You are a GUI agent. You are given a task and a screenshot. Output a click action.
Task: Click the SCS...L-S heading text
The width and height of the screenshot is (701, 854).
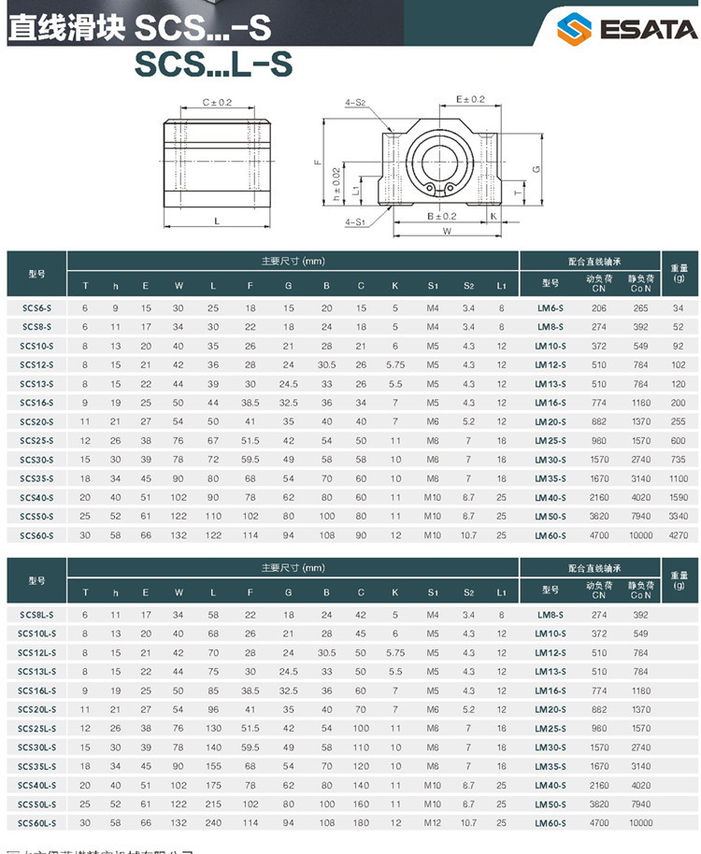click(213, 64)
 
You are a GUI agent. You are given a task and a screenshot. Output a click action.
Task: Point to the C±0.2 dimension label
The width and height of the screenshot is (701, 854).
click(217, 102)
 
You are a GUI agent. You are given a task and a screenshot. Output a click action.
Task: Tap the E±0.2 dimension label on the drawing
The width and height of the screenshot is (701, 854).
click(470, 99)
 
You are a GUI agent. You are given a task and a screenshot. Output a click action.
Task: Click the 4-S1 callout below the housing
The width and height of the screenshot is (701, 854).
click(355, 222)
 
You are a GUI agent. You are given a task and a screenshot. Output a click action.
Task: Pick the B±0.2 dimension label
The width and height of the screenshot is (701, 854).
click(441, 216)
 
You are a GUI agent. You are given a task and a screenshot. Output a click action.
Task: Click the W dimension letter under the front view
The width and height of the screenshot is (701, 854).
click(447, 230)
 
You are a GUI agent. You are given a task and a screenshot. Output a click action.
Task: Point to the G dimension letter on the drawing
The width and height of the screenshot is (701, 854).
click(536, 168)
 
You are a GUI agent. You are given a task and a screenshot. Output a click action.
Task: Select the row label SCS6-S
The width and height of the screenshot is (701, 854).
click(36, 307)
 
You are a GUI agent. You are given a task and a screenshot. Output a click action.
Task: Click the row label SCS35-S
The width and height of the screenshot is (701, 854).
click(36, 478)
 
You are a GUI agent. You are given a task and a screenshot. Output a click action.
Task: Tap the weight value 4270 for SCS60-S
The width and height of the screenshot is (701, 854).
click(679, 535)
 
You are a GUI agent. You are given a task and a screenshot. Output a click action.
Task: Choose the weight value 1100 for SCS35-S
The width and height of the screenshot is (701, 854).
click(679, 478)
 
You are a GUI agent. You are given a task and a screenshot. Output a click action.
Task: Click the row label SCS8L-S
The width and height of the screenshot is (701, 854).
click(36, 615)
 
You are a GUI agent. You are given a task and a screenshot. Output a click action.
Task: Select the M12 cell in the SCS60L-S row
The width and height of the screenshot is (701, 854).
click(432, 823)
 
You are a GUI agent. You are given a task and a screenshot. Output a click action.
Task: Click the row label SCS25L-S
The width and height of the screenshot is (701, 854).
click(36, 728)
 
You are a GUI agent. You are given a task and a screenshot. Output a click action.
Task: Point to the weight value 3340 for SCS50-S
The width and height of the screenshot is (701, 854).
click(679, 517)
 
